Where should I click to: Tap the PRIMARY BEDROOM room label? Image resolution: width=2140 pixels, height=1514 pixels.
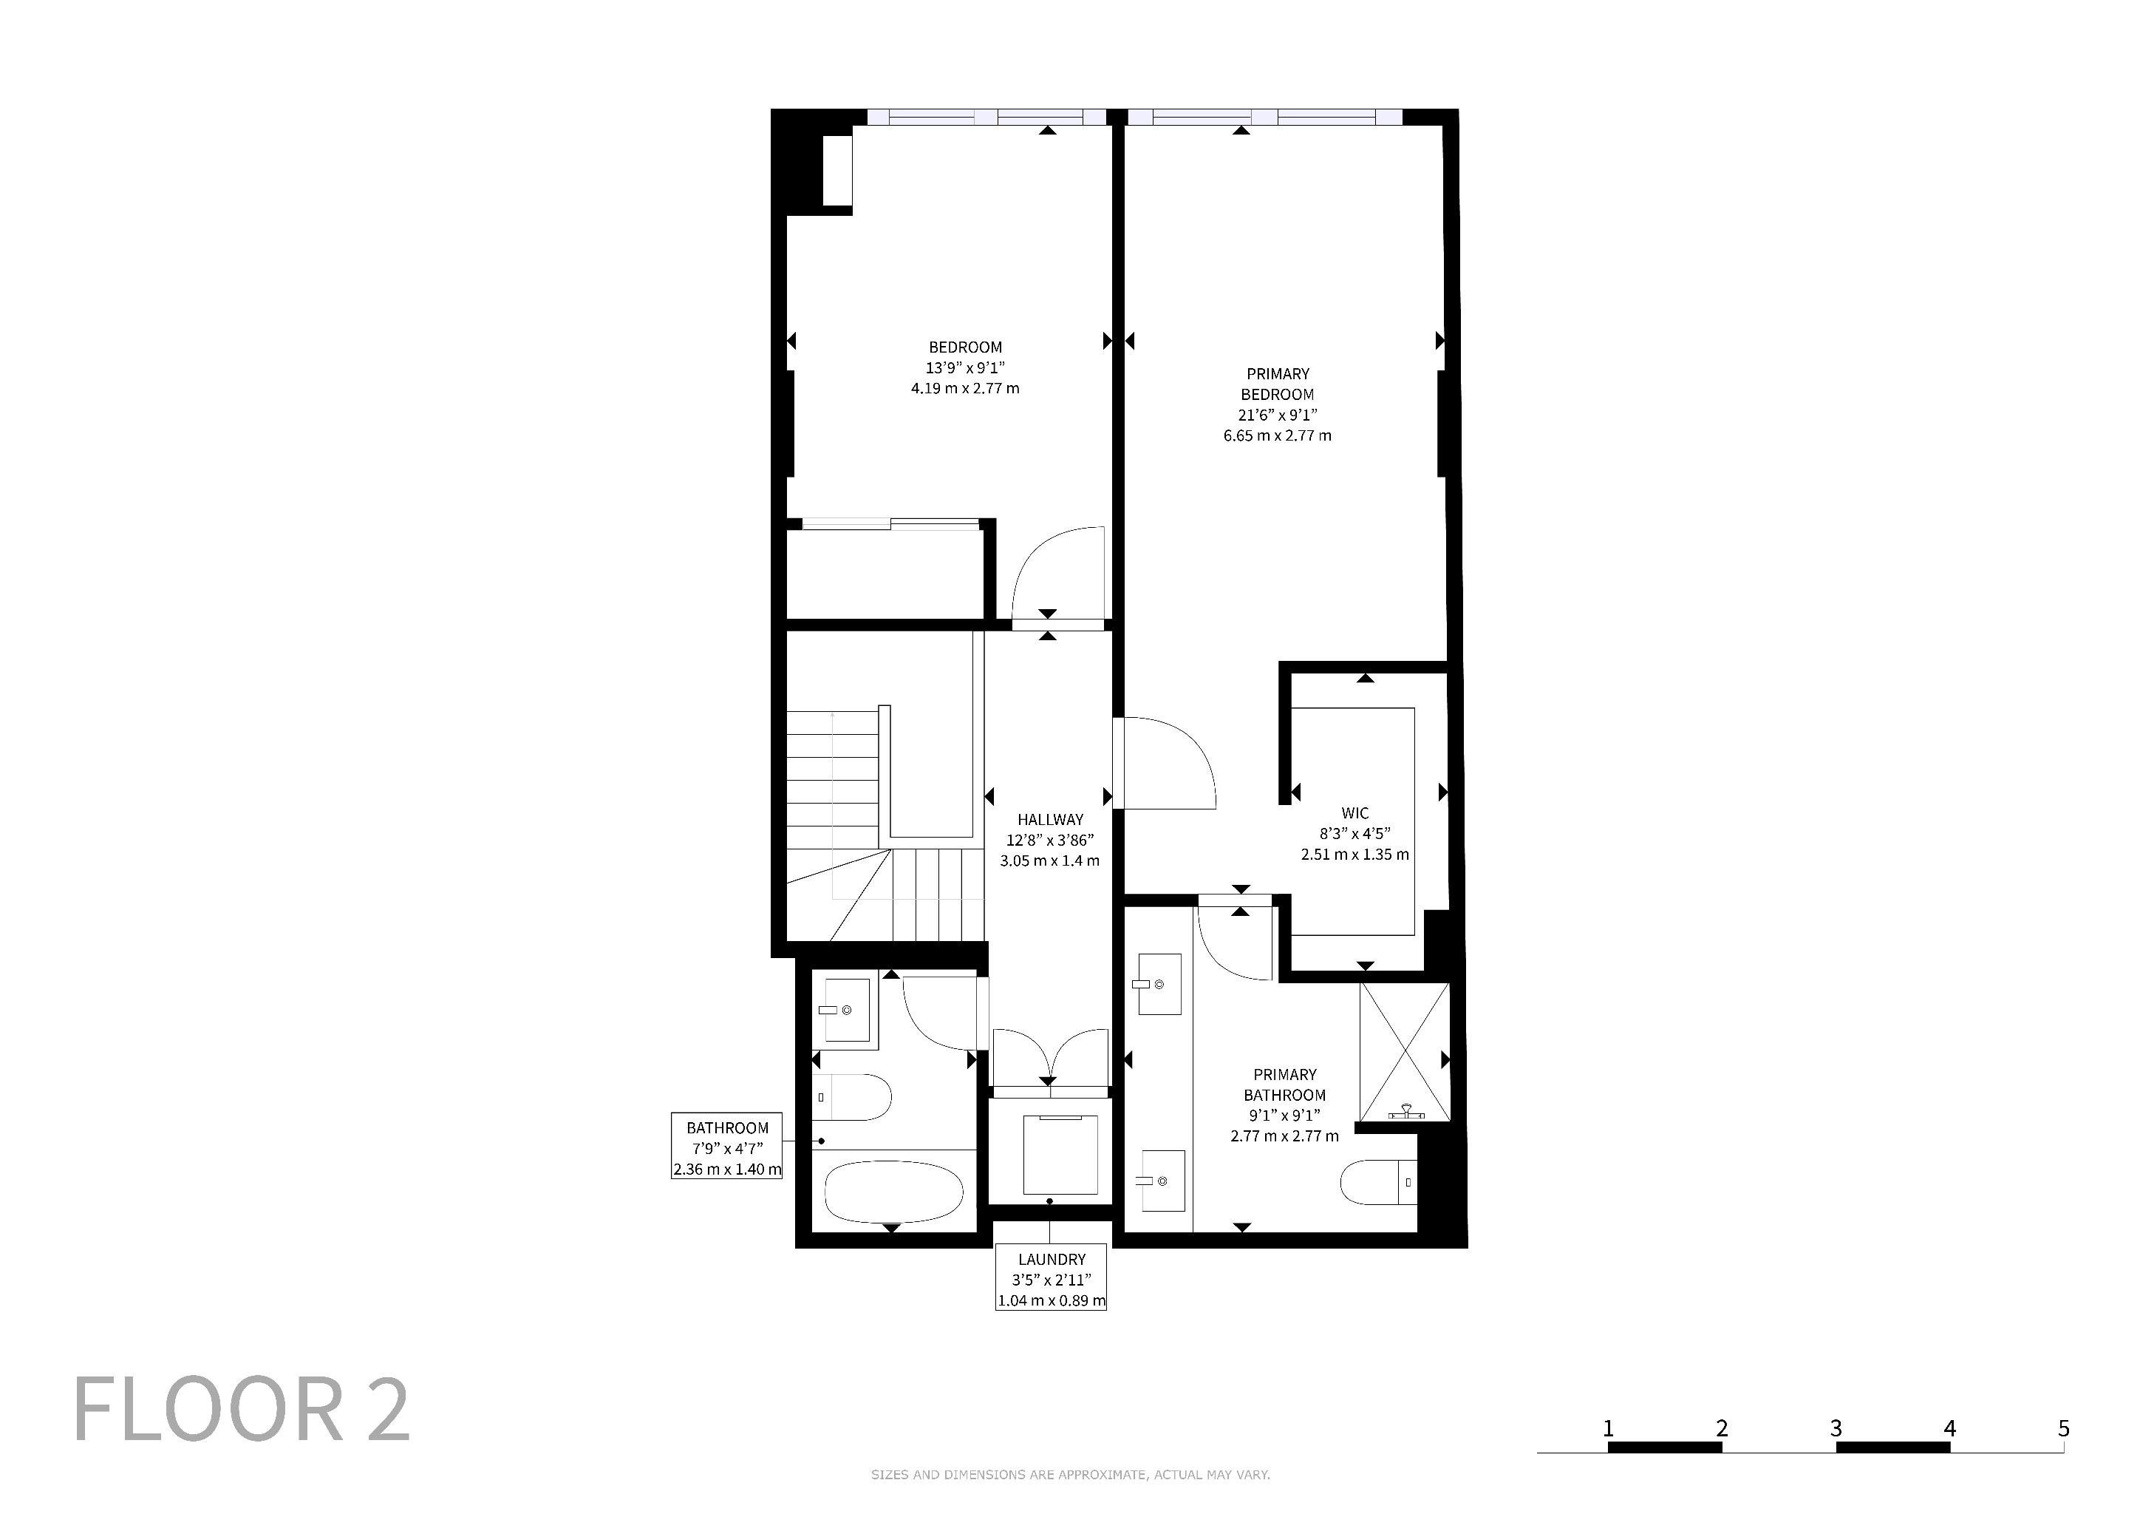[x=1277, y=384]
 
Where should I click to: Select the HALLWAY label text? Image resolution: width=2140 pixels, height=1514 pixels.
[x=1051, y=819]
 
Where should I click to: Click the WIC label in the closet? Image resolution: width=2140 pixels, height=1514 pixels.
[x=1355, y=813]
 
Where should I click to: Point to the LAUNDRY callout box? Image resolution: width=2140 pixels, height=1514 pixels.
[x=1052, y=1276]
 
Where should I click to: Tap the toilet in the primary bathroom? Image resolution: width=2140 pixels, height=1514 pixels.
[x=1378, y=1183]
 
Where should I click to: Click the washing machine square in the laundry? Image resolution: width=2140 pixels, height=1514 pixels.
[x=1060, y=1154]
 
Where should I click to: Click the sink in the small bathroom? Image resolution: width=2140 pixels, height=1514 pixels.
[x=845, y=1010]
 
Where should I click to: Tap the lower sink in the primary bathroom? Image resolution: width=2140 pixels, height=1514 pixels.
[x=1162, y=1181]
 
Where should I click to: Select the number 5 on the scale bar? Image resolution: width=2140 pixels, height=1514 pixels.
[x=2064, y=1428]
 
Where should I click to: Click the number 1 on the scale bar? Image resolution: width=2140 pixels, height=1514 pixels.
[x=1609, y=1428]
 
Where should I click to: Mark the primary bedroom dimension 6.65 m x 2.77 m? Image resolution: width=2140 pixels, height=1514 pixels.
[x=1277, y=435]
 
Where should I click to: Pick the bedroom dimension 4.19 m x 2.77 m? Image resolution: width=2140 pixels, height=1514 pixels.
[x=966, y=388]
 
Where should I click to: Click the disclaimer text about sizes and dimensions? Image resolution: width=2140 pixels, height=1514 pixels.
[x=1070, y=1475]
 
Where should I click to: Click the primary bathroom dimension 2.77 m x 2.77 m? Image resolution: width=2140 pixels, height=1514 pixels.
[x=1284, y=1135]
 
